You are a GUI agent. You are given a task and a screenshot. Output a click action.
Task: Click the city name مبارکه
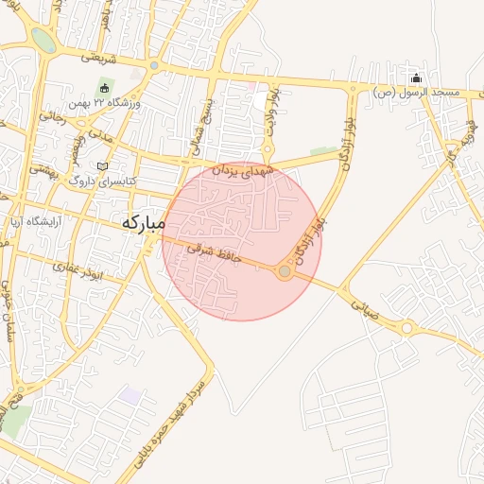pyautogui.click(x=143, y=223)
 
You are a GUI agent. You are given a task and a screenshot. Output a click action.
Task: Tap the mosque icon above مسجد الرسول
pyautogui.click(x=417, y=78)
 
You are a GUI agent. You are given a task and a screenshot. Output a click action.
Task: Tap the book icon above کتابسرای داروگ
pyautogui.click(x=102, y=166)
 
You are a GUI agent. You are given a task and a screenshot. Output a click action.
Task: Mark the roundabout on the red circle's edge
pyautogui.click(x=285, y=271)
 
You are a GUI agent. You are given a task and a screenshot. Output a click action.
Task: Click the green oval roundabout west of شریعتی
pyautogui.click(x=43, y=39)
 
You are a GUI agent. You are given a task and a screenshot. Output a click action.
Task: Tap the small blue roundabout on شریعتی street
pyautogui.click(x=153, y=65)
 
